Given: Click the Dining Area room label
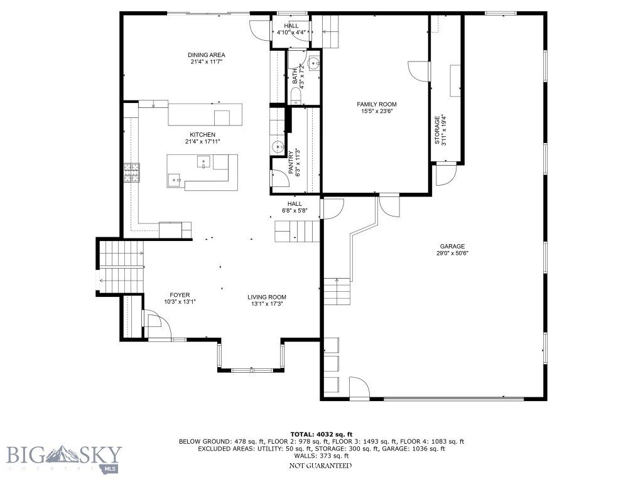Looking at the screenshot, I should point(207,55).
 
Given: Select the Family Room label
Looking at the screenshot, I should point(377,104).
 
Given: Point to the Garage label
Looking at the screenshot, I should point(452,246).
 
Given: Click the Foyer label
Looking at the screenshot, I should point(180,295).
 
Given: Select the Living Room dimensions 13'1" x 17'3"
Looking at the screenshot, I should point(266,304).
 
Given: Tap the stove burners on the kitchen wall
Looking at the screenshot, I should point(131,173).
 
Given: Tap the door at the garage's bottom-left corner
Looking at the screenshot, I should point(359,390).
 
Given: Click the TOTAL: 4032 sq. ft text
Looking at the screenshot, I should point(321,434).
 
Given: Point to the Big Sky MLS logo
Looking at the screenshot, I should point(64,458).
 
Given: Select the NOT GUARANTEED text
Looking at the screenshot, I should point(320,466).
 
